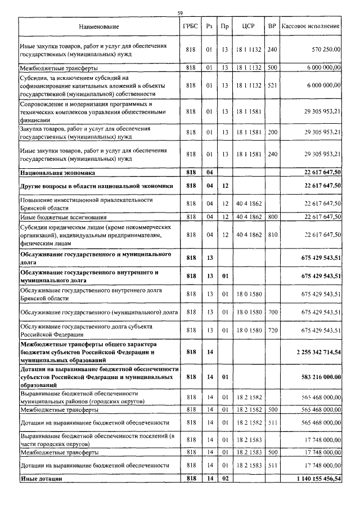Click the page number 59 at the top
tap(180, 13)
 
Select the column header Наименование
tap(99, 26)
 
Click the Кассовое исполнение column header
tap(310, 26)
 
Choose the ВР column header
tap(272, 26)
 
